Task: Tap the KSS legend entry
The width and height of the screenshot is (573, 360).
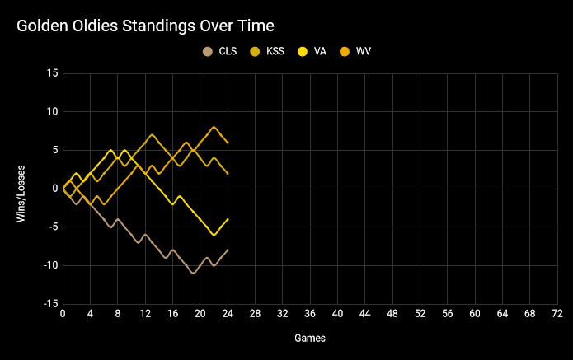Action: click(269, 51)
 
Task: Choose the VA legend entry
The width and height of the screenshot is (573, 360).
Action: click(313, 51)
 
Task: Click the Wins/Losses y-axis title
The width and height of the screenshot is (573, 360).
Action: click(21, 189)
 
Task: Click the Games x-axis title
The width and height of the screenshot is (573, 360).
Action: click(310, 338)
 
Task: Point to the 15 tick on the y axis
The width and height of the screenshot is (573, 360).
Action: click(53, 73)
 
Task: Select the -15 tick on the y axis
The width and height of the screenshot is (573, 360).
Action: click(50, 304)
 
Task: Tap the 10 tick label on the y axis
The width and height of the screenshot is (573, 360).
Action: click(53, 112)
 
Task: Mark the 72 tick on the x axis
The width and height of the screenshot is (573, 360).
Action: click(557, 314)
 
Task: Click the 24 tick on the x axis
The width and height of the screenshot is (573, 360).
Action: click(228, 314)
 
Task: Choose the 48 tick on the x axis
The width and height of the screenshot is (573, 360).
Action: click(392, 314)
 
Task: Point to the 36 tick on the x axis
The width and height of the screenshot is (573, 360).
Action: click(310, 314)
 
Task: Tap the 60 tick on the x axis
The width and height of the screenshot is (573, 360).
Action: click(475, 314)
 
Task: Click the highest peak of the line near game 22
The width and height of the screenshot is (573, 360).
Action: click(214, 127)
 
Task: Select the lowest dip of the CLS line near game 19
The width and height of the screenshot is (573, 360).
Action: click(194, 273)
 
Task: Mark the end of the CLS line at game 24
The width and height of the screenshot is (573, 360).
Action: click(228, 250)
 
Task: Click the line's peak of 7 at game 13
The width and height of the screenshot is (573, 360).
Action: click(153, 134)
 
